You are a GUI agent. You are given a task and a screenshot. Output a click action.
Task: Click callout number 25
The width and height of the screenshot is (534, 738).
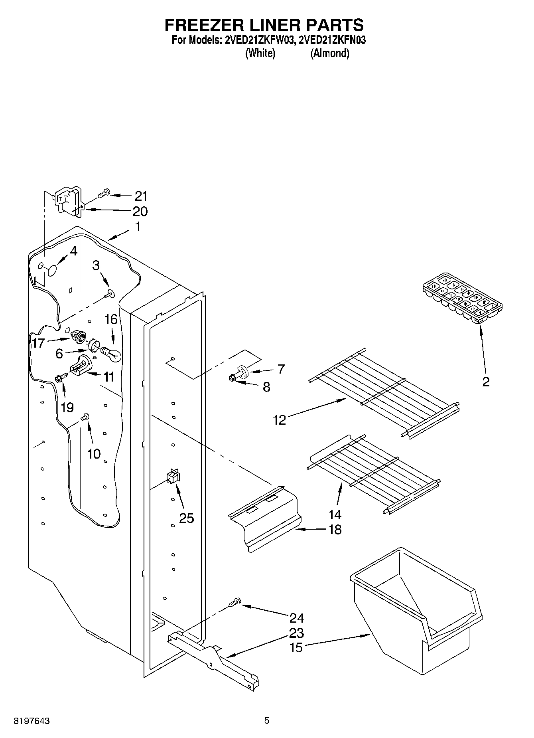pos(186,518)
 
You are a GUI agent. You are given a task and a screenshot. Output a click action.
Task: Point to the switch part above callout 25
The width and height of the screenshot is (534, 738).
pos(173,477)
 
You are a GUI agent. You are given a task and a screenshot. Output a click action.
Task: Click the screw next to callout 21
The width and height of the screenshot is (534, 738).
pos(103,194)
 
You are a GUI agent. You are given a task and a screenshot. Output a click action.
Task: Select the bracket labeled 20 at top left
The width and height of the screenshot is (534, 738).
pos(67,203)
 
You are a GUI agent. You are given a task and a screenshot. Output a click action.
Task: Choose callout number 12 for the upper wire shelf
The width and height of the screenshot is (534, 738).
pos(280,420)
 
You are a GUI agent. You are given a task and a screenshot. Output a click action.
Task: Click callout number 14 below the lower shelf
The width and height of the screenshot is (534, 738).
pos(335,514)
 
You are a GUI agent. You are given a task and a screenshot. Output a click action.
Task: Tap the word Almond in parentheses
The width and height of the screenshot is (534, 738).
pos(330,53)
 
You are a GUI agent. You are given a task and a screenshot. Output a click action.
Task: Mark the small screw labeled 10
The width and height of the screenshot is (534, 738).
pos(84,417)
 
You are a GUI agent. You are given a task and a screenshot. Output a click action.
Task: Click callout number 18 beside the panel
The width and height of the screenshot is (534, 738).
pos(335,530)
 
